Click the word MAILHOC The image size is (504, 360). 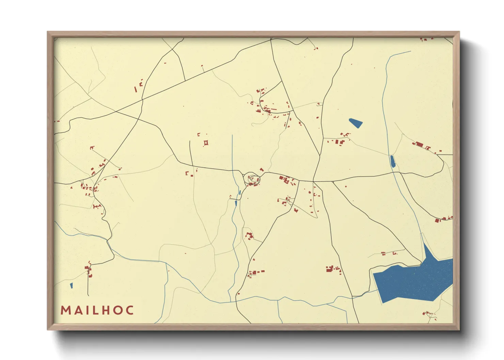[x=97, y=310]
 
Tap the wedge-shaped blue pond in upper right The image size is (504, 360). [x=356, y=123]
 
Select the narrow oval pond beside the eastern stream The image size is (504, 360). [x=392, y=161]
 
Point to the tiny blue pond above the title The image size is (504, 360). [x=72, y=285]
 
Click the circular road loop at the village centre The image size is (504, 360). [x=252, y=179]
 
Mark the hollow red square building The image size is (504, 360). [x=206, y=143]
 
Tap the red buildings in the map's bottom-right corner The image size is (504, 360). [x=429, y=314]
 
